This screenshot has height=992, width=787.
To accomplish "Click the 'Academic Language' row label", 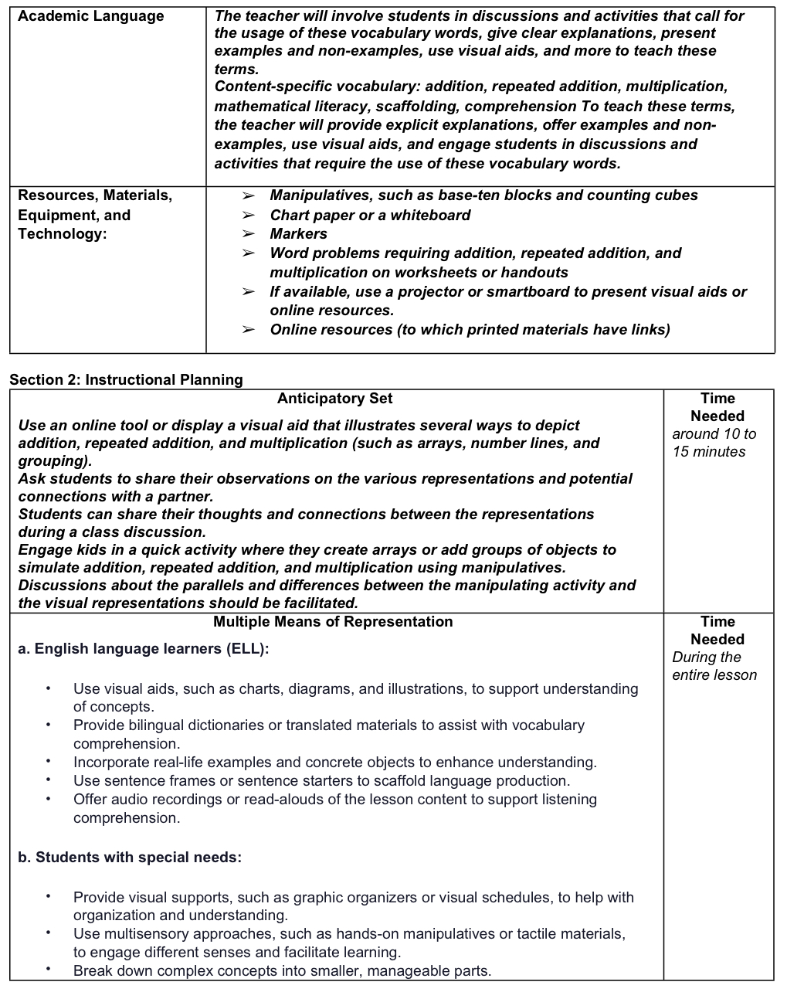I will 90,16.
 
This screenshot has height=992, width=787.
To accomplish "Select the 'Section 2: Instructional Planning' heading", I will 126,379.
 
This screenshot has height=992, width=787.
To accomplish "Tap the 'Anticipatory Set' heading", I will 334,399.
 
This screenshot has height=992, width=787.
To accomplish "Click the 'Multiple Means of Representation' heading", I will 333,622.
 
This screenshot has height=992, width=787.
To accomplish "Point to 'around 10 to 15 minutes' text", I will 714,443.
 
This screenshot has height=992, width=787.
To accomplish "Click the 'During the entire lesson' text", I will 714,666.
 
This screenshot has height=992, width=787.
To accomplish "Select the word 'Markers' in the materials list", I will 298,234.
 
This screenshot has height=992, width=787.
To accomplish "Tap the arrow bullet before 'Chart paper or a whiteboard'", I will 248,216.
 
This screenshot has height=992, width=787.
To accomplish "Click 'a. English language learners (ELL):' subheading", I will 144,649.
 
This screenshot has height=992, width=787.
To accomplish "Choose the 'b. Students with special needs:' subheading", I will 130,858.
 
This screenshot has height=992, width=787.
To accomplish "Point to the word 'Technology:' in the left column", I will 63,234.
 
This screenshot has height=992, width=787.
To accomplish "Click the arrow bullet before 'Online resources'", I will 248,330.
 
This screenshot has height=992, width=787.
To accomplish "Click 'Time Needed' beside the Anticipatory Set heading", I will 717,407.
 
